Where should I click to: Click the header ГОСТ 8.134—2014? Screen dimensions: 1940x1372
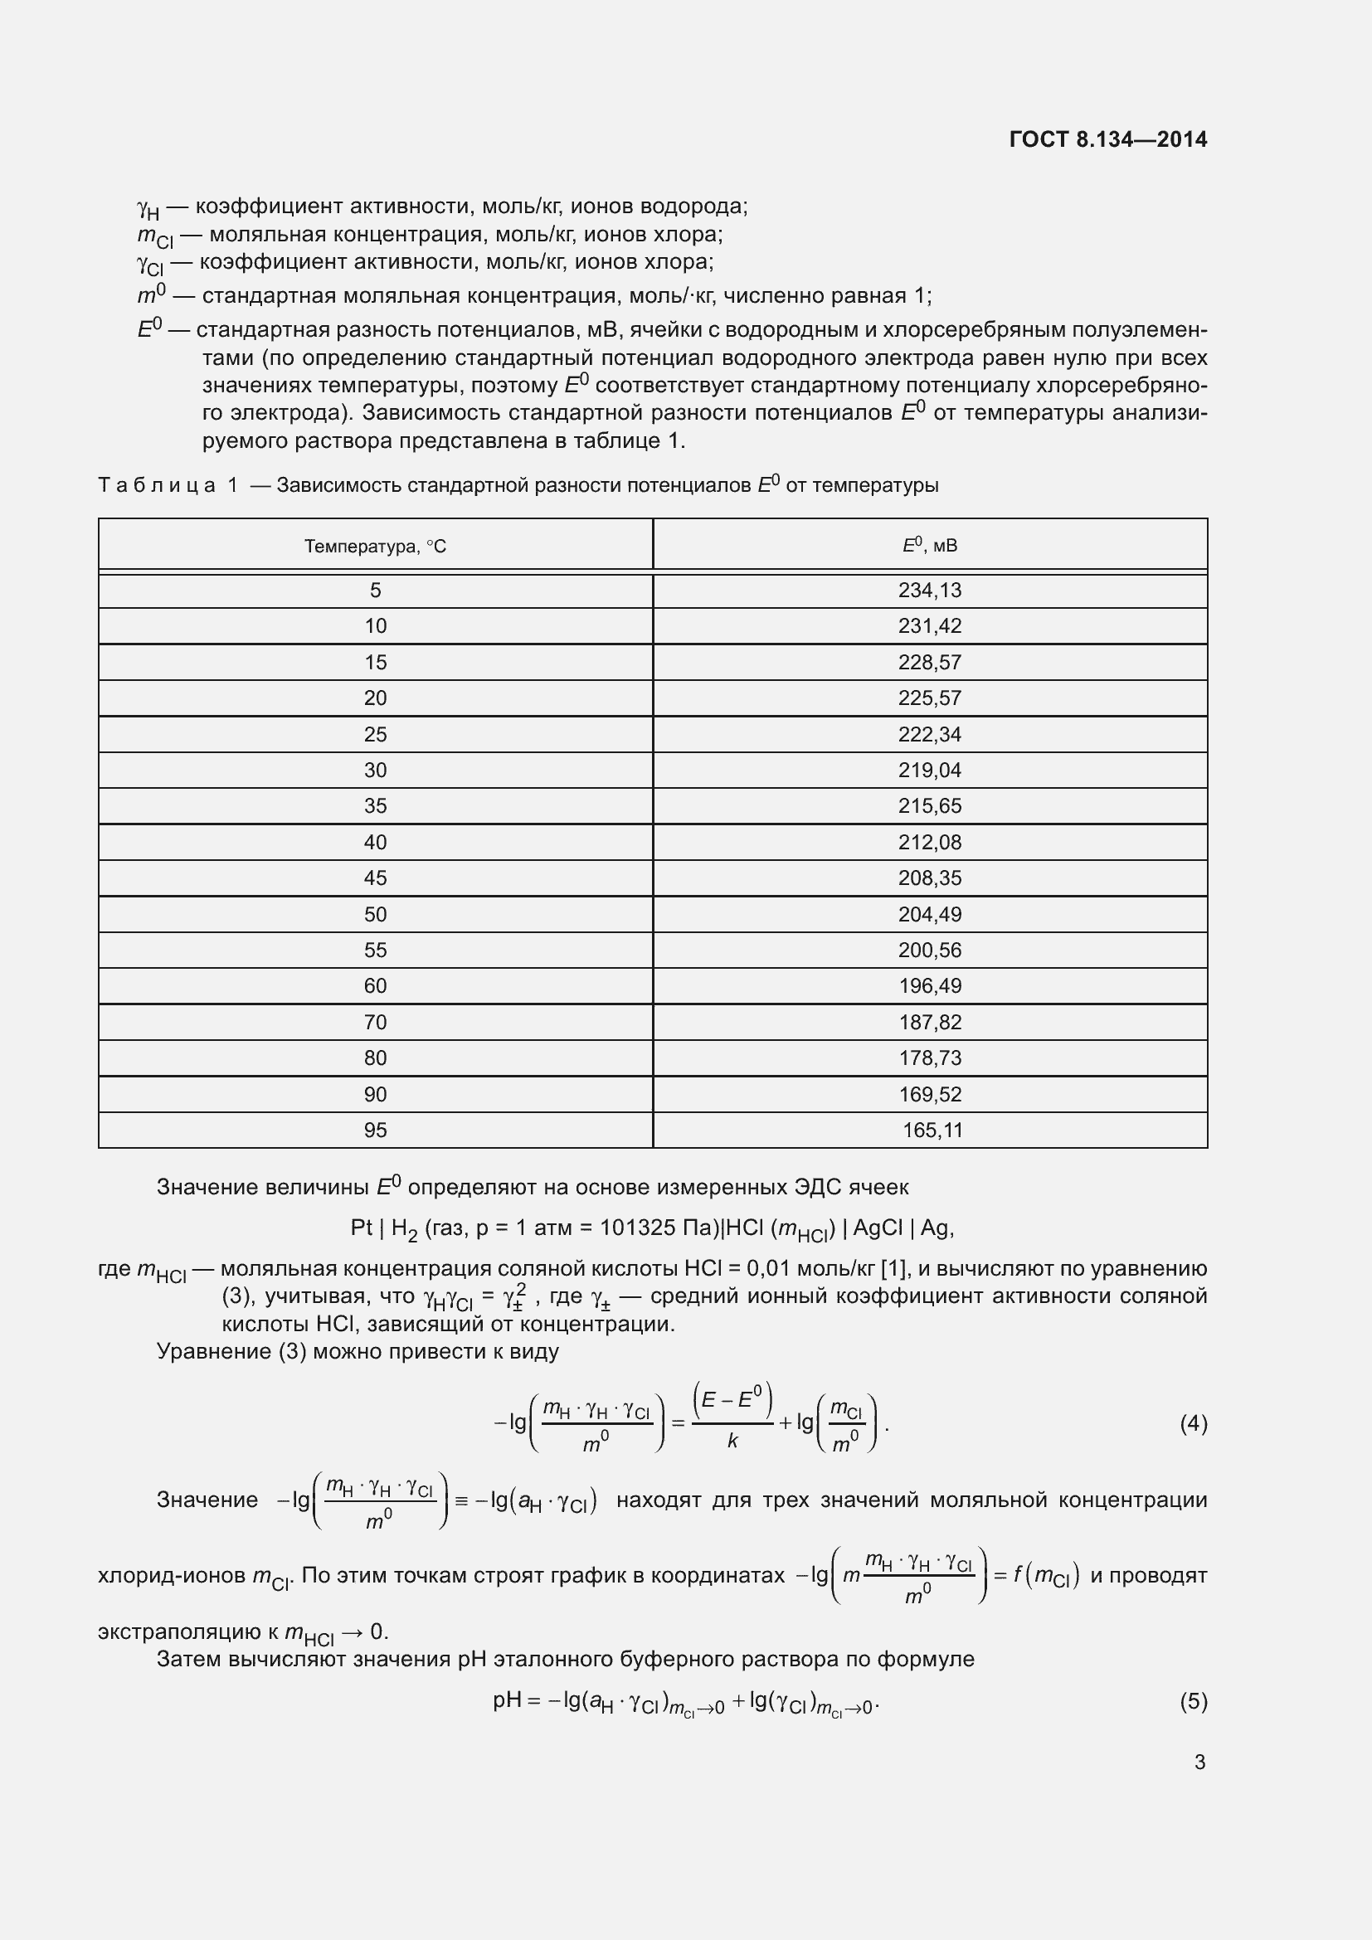1107,139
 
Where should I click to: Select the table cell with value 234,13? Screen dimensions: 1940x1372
929,591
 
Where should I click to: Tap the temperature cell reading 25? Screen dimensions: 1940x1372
375,734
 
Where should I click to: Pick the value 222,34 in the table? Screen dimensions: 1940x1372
929,734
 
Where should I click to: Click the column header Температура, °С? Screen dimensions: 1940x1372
375,547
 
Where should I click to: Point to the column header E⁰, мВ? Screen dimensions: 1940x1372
929,546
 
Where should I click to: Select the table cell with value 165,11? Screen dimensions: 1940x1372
932,1130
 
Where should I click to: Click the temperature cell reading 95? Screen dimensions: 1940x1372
375,1130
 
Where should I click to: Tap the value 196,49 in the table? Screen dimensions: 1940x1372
929,986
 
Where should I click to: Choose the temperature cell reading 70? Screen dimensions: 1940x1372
375,1023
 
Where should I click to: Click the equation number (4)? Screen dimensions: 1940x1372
1193,1425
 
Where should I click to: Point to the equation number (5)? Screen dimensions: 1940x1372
1193,1701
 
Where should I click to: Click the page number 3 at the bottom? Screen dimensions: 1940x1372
1199,1763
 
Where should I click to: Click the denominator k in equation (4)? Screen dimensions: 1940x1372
732,1442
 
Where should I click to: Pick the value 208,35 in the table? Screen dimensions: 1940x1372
929,878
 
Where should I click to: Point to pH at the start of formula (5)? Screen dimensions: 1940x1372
507,1700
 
